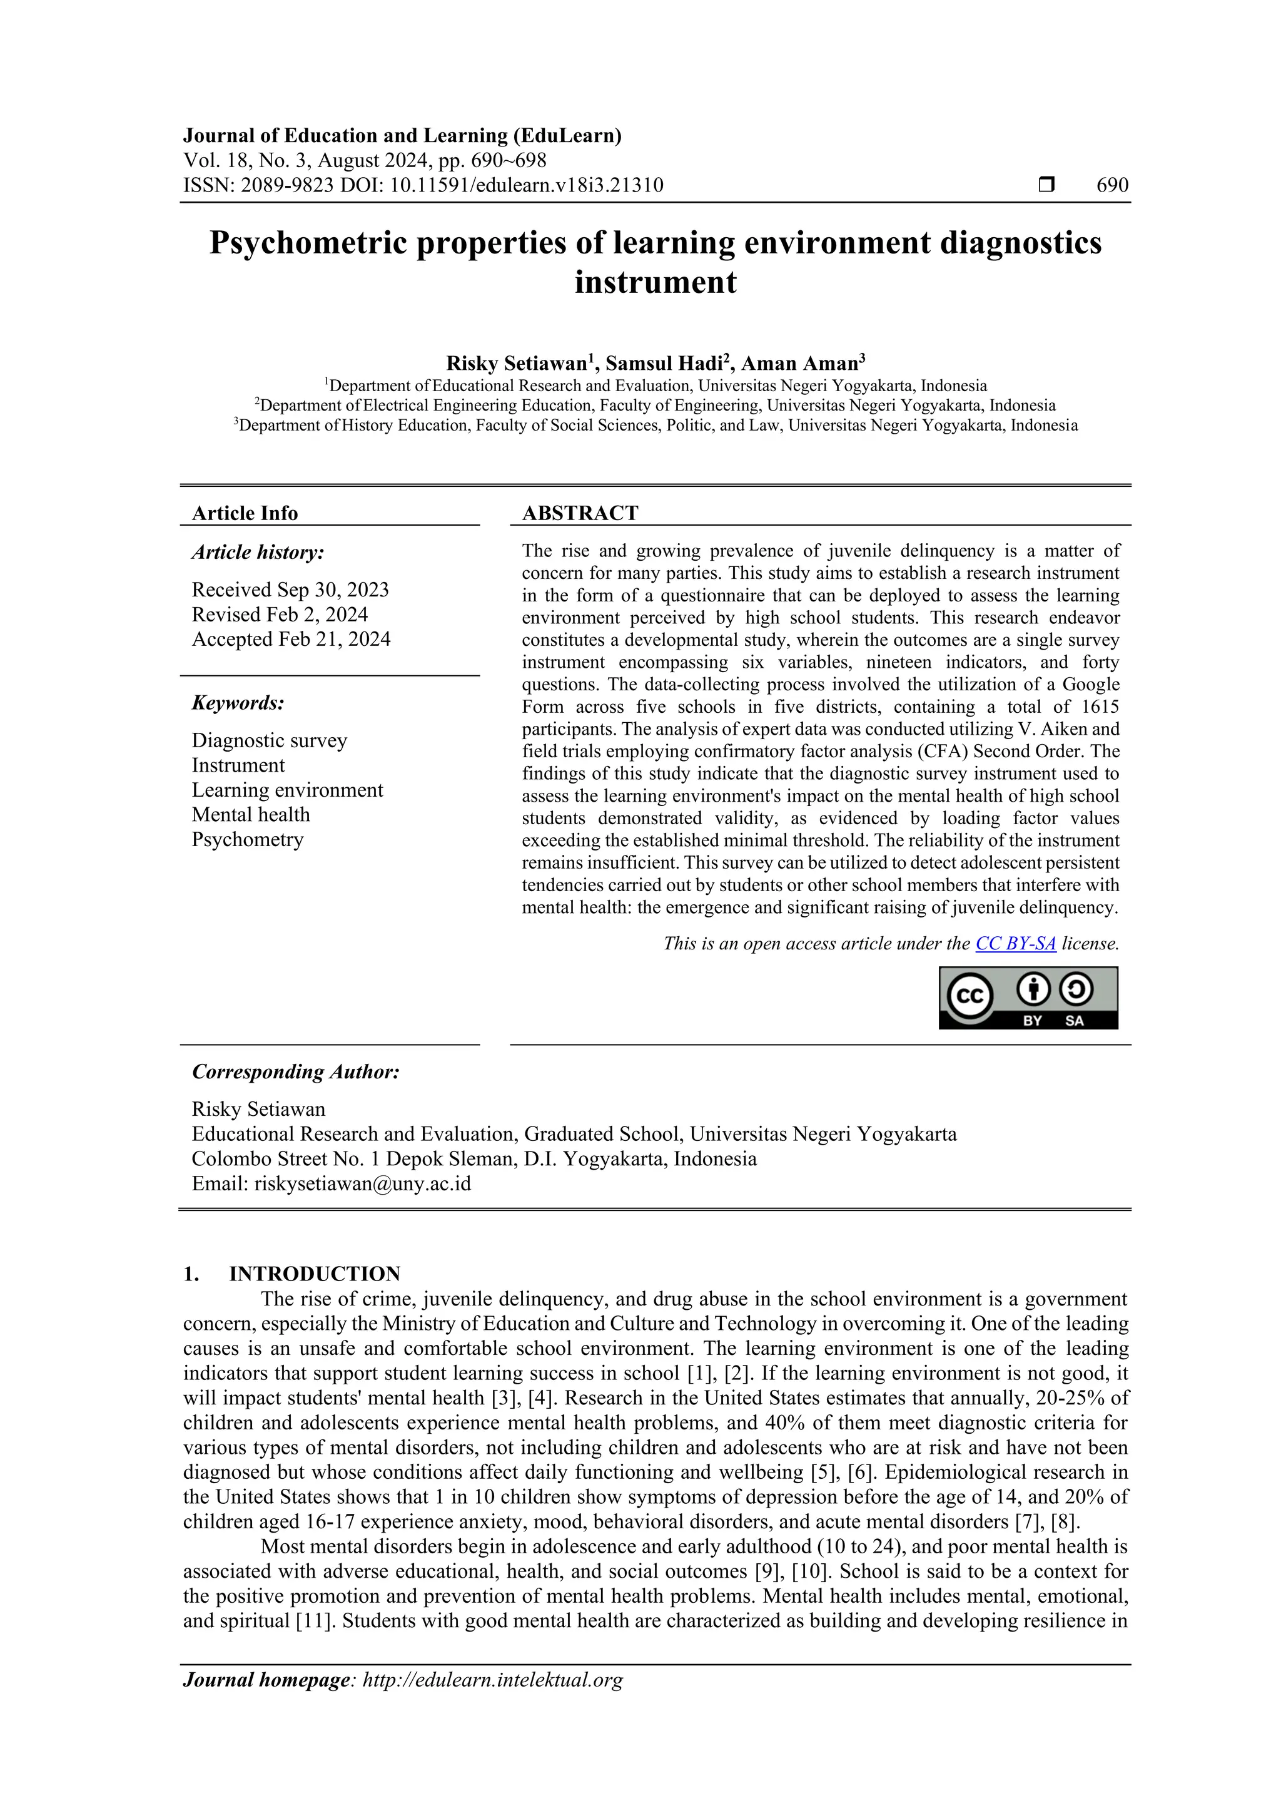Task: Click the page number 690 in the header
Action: point(1112,186)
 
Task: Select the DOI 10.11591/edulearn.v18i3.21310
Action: point(527,186)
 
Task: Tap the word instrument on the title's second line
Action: point(655,282)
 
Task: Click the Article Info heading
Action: point(245,513)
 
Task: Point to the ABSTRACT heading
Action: point(580,513)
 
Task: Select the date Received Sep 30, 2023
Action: point(290,590)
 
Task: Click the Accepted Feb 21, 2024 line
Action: point(290,639)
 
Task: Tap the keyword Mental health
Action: point(250,814)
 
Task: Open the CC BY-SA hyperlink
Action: point(1015,944)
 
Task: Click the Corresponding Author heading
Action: point(295,1071)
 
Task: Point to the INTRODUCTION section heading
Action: point(314,1274)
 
